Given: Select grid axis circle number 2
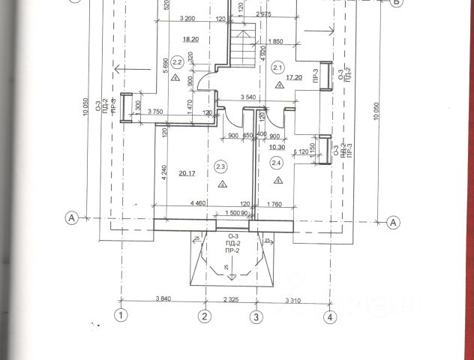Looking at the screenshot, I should (205, 316).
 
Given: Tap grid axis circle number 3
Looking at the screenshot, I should (256, 316).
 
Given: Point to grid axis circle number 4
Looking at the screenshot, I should (330, 316).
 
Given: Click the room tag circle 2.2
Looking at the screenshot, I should (178, 62).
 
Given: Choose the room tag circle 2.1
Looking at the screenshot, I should (279, 68).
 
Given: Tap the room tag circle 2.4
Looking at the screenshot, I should (277, 163).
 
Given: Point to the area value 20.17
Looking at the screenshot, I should (188, 173).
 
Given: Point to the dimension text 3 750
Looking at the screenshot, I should (156, 112).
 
